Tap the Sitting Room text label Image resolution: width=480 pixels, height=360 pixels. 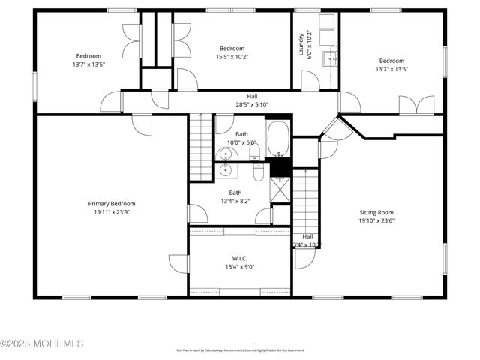click(x=375, y=212)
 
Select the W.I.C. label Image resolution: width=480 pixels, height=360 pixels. click(x=240, y=256)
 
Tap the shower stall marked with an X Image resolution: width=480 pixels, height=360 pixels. click(x=280, y=190)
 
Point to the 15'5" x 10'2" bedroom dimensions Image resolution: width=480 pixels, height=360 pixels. click(x=232, y=57)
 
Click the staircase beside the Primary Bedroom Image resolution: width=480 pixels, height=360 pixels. click(x=201, y=147)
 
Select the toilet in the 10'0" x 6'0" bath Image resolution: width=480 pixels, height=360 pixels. click(x=255, y=153)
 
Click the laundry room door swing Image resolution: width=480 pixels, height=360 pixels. click(x=310, y=80)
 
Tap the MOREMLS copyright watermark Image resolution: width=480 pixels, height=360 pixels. click(x=43, y=343)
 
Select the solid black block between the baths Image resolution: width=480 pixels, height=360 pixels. click(x=280, y=166)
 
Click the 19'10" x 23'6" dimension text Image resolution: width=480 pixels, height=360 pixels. click(x=375, y=220)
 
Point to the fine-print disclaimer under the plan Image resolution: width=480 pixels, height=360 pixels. click(x=240, y=349)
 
